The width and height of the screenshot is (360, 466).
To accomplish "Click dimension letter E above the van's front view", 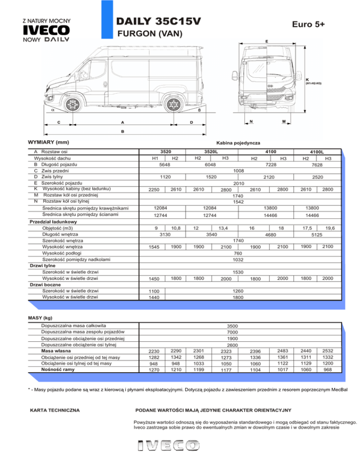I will click(267, 41).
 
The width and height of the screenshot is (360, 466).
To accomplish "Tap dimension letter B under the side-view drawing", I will click(123, 131).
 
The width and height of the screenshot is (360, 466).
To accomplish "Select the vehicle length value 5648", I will click(165, 165).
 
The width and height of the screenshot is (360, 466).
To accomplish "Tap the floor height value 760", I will click(238, 252).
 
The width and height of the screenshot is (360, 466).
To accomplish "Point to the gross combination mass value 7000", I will click(232, 332).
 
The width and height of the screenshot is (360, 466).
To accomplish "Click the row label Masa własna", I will click(56, 351).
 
